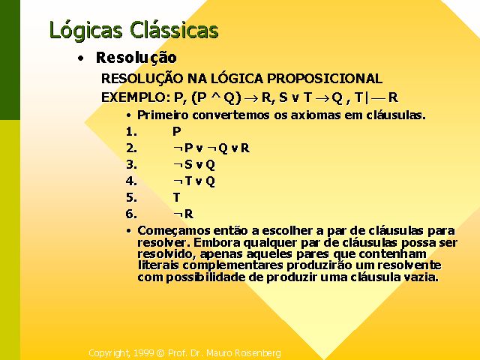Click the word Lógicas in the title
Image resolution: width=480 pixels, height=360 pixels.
coord(86,31)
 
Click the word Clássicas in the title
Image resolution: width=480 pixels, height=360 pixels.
coord(174,30)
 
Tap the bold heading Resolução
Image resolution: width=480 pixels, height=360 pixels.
coord(136,58)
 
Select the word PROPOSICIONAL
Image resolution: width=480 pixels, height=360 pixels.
coord(325,79)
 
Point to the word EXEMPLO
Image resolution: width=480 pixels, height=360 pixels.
coord(133,97)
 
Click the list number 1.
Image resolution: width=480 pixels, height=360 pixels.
coord(131,132)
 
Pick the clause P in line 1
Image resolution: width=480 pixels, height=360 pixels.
coord(177,132)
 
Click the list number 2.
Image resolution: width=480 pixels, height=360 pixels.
coord(131,148)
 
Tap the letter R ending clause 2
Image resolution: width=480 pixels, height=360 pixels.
coord(245,148)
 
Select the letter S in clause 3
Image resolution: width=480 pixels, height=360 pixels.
coord(188,165)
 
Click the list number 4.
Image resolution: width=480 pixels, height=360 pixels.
coord(131,181)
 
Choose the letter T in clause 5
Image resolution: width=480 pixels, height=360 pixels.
coord(176,197)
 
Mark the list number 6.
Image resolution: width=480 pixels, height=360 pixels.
coord(131,214)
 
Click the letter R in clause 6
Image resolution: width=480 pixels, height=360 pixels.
coord(189,214)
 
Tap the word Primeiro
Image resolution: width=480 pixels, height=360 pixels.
coord(163,115)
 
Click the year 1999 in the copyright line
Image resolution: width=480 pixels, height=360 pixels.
coord(143,353)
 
